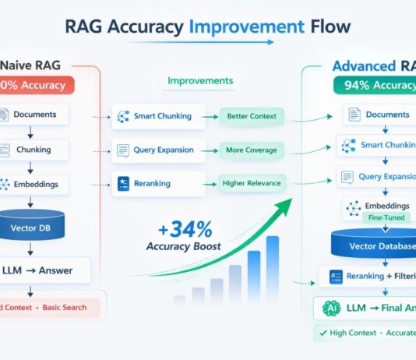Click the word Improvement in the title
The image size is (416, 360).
click(241, 27)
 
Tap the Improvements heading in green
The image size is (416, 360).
click(199, 80)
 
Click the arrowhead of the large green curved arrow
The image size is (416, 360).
click(285, 205)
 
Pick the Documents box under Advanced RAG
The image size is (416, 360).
click(378, 115)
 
